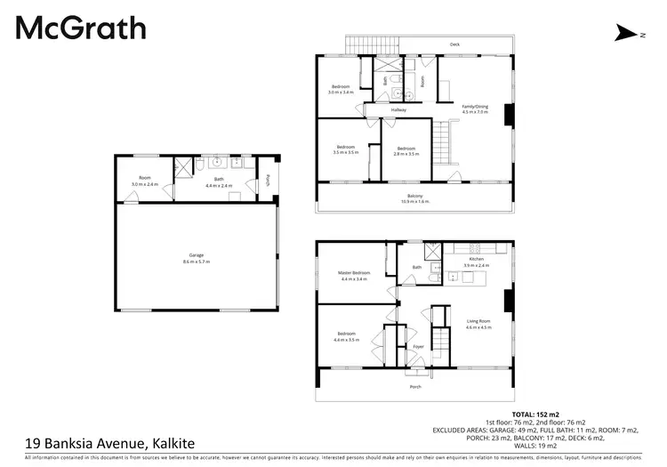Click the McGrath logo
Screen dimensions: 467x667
[80, 28]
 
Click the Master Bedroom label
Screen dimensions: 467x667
[354, 275]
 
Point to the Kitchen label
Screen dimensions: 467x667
[477, 262]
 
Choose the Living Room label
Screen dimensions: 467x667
[478, 323]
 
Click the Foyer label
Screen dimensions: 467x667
[418, 347]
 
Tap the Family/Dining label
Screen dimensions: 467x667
[476, 109]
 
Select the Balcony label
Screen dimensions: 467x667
[415, 198]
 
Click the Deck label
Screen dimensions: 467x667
[454, 44]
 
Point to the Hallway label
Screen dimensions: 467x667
[398, 109]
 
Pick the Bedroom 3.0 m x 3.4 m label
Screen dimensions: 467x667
[342, 89]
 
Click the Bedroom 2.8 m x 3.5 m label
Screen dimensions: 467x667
[406, 150]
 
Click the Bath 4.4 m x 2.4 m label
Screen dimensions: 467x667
[218, 183]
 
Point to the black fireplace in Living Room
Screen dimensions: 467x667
[507, 302]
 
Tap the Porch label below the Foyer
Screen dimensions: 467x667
[415, 387]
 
